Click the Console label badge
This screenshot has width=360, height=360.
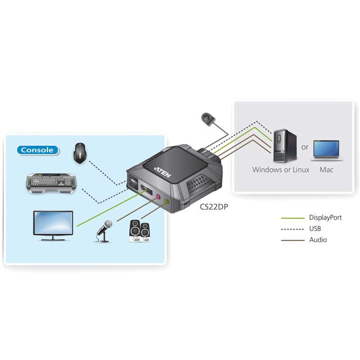click(38, 150)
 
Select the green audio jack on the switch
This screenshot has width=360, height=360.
click(167, 202)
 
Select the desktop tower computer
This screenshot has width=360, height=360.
click(279, 146)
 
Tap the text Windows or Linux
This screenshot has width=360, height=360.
click(281, 170)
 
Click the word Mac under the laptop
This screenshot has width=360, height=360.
click(327, 170)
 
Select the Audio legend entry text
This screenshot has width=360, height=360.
click(318, 240)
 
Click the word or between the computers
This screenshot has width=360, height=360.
click(305, 147)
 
